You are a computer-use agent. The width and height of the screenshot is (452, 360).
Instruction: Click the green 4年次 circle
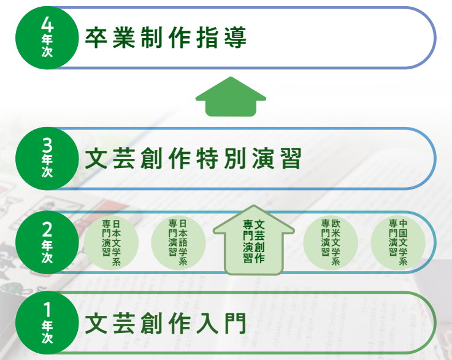47,38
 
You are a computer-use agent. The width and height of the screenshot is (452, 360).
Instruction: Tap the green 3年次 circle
47,158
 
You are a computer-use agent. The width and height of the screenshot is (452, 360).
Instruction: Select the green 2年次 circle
47,242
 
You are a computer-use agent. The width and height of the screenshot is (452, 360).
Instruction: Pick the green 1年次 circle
47,323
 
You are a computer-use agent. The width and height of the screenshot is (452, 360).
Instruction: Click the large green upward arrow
231,97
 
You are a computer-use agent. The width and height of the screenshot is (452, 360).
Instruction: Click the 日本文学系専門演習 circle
111,243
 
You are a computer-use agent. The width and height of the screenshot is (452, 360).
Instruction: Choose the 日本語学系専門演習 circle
178,243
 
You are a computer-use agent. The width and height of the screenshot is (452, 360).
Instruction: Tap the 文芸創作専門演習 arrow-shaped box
253,240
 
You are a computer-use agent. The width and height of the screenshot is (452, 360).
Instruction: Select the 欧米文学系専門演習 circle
331,243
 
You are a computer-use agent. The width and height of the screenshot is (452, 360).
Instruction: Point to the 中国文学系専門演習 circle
398,243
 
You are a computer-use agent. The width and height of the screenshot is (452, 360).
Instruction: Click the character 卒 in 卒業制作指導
96,37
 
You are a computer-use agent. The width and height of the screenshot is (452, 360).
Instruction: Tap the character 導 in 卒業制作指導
236,37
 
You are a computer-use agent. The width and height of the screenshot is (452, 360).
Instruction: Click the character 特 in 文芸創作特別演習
208,158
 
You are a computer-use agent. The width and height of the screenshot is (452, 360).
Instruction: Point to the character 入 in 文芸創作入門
208,323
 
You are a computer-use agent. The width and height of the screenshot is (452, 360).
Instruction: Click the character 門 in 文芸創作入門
236,323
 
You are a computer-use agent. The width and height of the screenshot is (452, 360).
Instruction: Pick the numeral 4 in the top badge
47,24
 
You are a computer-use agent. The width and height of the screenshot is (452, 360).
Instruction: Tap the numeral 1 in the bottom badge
47,310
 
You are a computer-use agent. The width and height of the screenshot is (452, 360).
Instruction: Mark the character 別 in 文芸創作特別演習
236,158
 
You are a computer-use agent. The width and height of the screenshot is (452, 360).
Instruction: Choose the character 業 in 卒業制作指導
124,37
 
